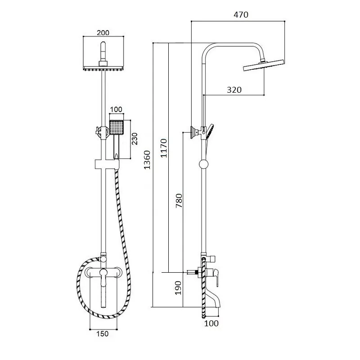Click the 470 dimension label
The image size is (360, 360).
coord(241,15)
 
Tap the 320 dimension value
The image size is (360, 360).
coord(234,90)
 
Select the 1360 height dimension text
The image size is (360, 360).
coord(147,160)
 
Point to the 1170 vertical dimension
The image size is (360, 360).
coord(164,148)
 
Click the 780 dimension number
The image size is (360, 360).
coord(179,201)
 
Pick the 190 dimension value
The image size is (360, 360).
coord(178,288)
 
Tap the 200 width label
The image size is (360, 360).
coord(103,32)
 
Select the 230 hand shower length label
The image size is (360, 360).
coord(134,139)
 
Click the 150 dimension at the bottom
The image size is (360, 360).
coord(102,333)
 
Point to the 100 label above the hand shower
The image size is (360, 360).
coord(116,109)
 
